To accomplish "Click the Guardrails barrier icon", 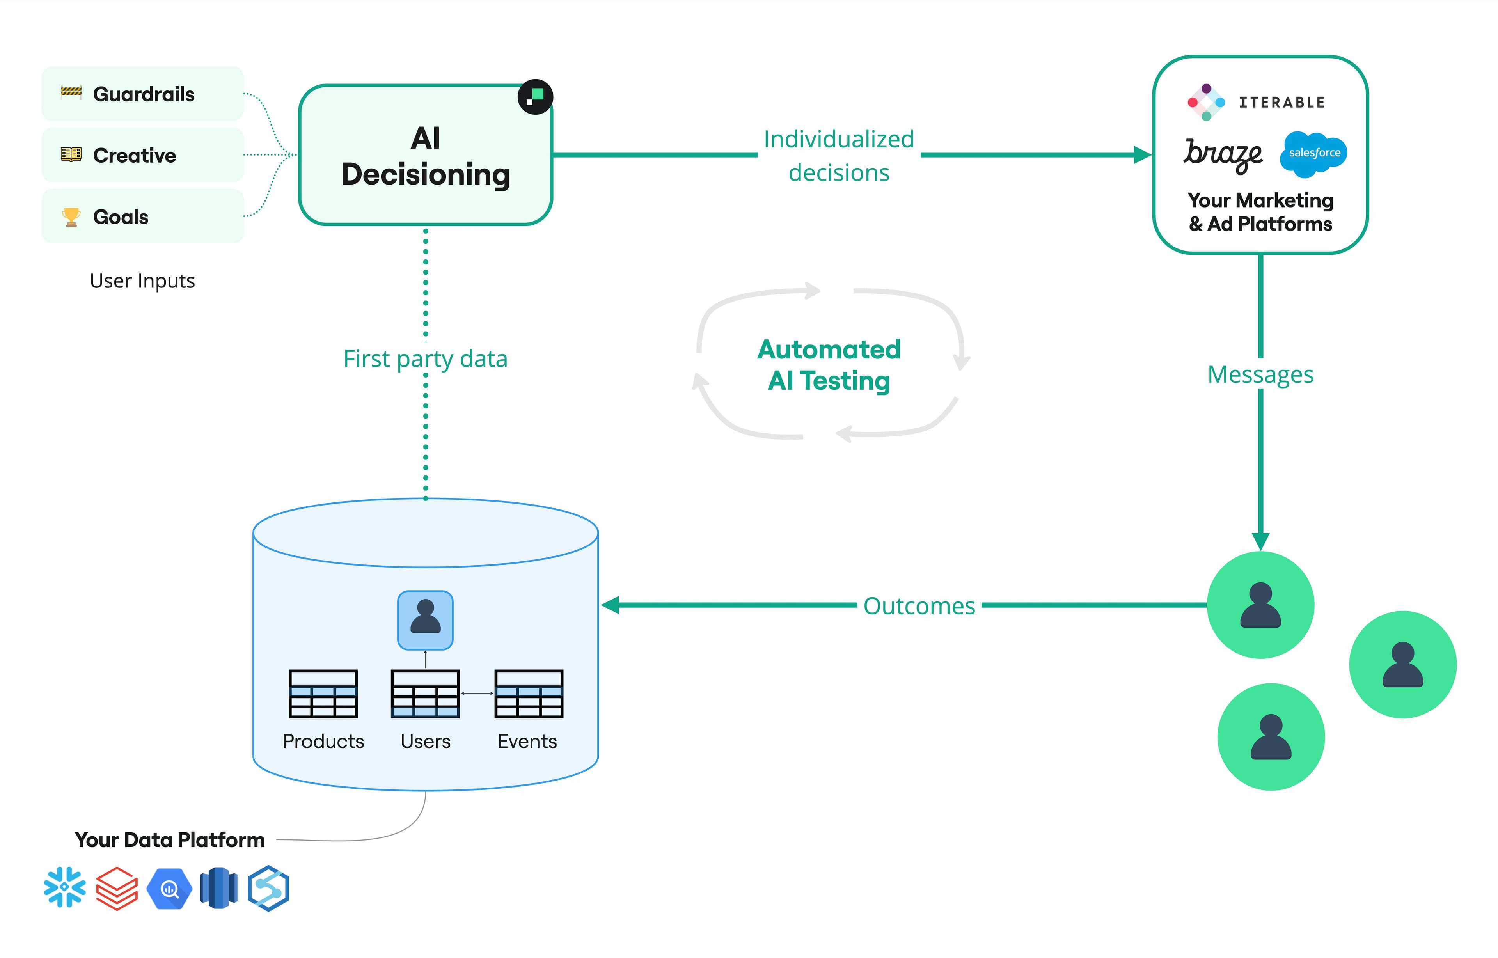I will (x=71, y=93).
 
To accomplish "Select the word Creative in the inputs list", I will (x=134, y=156).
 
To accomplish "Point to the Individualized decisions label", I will (x=839, y=156).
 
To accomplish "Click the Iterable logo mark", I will (x=1205, y=102).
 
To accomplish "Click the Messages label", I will (x=1260, y=374).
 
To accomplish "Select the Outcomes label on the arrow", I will (x=919, y=606).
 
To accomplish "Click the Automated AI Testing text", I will (x=829, y=365).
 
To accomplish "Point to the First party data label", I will (x=426, y=359).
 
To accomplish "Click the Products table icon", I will (x=323, y=694).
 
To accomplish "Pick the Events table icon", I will (x=528, y=694).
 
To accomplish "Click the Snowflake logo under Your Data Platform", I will (x=65, y=887).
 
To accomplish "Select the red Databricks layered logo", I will (x=117, y=888).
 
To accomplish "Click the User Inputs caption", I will (x=142, y=281).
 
